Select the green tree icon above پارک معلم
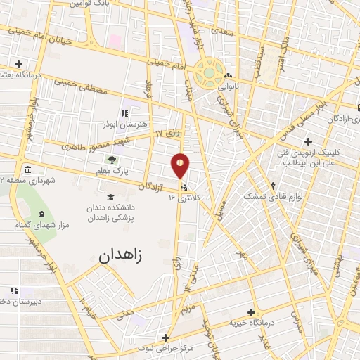click(112, 159)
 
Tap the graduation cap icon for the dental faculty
click(110, 198)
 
